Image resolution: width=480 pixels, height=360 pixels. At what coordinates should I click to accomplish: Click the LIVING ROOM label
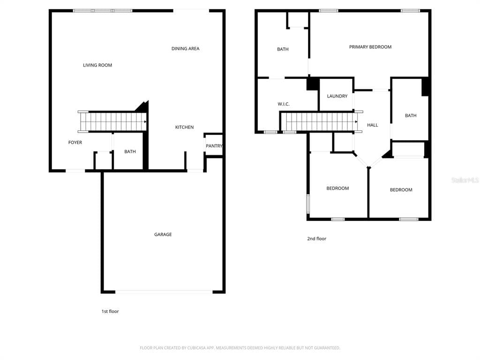[x=97, y=65]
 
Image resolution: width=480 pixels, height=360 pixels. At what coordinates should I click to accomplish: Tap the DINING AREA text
[x=185, y=49]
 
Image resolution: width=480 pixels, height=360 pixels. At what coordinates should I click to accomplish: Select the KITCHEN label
[x=184, y=127]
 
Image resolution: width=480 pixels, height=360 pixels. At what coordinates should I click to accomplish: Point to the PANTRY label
[x=214, y=146]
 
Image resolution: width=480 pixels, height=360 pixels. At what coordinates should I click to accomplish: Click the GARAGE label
[x=163, y=234]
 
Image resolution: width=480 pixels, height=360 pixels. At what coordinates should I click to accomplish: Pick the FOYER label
[x=75, y=142]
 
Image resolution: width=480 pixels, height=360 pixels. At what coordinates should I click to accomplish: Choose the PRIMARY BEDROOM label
[x=370, y=47]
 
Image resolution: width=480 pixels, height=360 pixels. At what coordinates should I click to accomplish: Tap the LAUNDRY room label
[x=337, y=96]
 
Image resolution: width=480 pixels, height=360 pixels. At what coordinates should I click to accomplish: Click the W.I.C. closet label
[x=284, y=104]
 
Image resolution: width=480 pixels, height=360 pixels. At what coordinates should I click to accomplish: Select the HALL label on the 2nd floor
[x=372, y=125]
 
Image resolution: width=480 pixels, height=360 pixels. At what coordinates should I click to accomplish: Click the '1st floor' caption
[x=110, y=311]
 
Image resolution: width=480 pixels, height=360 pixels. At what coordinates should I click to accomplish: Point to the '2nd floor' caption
[x=316, y=239]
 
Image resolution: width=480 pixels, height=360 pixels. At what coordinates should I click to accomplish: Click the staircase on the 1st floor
[x=112, y=122]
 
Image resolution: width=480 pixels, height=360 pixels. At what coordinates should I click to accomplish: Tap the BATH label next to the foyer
[x=130, y=152]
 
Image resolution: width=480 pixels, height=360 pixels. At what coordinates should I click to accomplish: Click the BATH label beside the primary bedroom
[x=283, y=49]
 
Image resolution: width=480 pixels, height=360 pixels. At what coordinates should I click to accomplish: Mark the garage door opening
[x=164, y=292]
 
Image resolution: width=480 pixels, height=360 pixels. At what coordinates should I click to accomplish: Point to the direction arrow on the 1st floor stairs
[x=145, y=122]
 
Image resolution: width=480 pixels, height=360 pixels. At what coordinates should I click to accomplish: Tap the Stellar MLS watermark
[x=465, y=180]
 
